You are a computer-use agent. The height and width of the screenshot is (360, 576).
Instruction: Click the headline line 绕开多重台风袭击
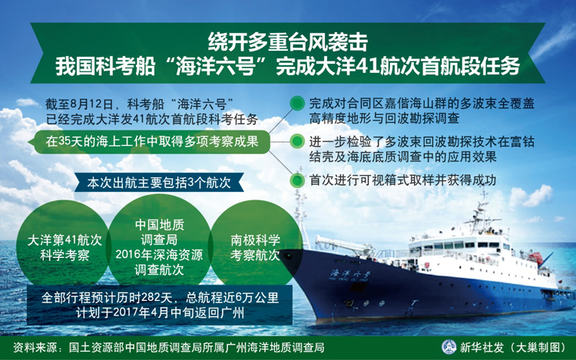pyautogui.click(x=288, y=42)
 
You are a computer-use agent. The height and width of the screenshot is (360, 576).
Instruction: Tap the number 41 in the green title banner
pyautogui.click(x=368, y=67)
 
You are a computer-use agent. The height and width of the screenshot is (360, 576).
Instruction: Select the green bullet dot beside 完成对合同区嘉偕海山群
pyautogui.click(x=296, y=104)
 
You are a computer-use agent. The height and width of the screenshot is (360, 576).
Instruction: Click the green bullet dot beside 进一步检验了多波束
pyautogui.click(x=296, y=142)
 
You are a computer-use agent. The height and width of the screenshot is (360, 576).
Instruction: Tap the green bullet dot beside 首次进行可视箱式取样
pyautogui.click(x=296, y=180)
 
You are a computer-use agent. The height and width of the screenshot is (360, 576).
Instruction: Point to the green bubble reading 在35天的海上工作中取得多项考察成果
pyautogui.click(x=151, y=141)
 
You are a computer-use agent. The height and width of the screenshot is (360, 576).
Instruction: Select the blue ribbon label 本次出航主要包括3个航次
pyautogui.click(x=159, y=183)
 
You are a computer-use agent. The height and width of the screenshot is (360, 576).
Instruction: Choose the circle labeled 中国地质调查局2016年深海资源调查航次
pyautogui.click(x=159, y=246)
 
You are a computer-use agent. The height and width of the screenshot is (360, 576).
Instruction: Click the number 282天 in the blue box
pyautogui.click(x=157, y=297)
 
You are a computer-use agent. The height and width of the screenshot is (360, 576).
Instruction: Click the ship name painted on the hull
pyautogui.click(x=350, y=275)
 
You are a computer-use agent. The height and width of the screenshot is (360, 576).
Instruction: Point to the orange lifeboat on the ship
pyautogui.click(x=535, y=259)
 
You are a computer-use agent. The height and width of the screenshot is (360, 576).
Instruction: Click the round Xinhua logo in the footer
pyautogui.click(x=449, y=347)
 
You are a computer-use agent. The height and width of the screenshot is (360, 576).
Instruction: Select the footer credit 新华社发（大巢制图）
pyautogui.click(x=513, y=347)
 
